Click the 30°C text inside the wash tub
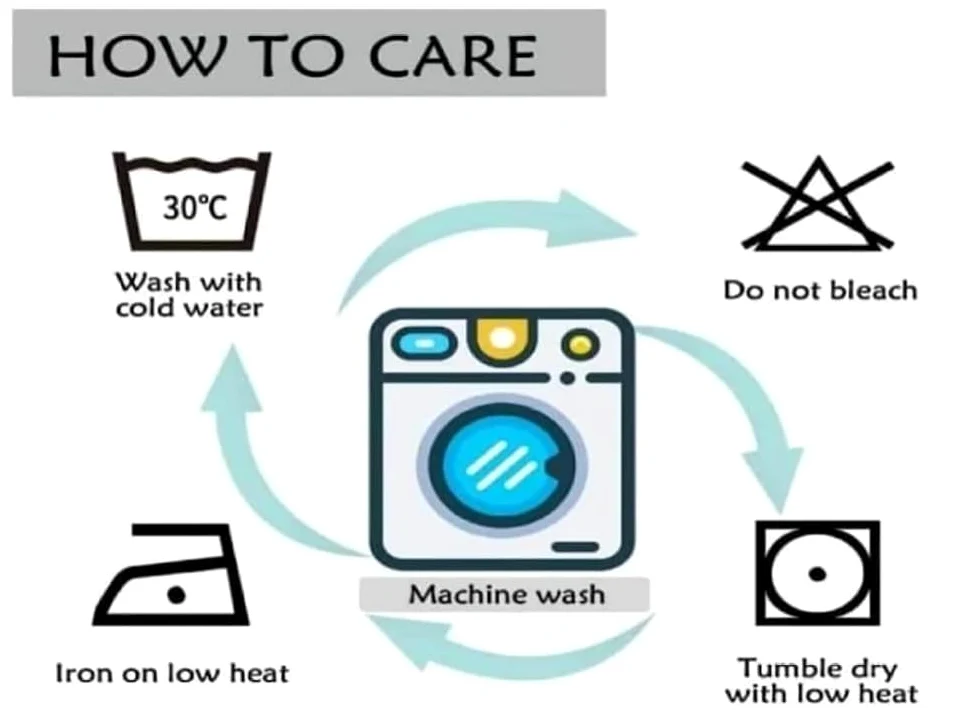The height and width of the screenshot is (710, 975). point(195,207)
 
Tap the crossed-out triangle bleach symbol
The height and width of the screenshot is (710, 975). point(818,204)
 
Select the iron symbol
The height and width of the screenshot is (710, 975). point(171,574)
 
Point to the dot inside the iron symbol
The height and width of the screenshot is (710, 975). point(177,595)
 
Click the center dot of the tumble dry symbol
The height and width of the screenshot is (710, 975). point(817,573)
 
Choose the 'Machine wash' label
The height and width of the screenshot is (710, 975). point(506,594)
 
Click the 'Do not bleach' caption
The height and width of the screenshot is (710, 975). point(820,290)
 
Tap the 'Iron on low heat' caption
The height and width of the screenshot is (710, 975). point(172,673)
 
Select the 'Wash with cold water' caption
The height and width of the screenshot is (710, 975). point(189,295)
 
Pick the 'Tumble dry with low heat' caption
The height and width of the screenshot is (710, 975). point(821,681)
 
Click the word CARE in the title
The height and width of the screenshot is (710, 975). point(453,56)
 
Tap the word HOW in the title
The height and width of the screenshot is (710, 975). point(136,56)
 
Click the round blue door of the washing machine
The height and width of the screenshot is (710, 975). point(502,465)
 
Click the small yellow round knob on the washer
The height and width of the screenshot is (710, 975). point(580,344)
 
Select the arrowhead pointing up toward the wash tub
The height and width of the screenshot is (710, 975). point(231,379)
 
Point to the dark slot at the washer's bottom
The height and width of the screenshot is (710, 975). point(575,546)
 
